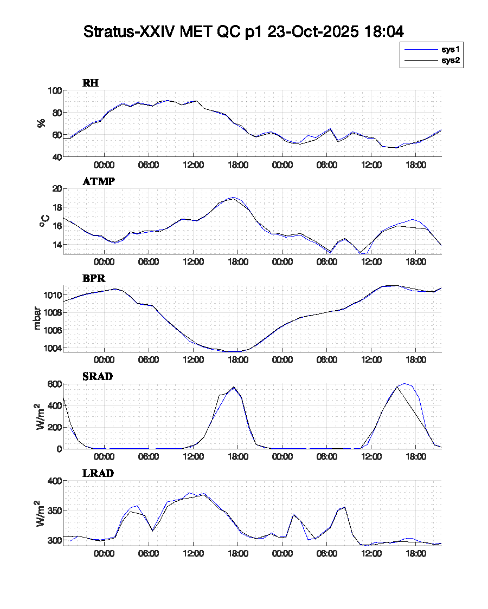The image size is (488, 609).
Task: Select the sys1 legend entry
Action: point(450,49)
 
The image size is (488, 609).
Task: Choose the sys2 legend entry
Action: point(450,61)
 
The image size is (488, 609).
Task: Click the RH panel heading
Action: point(91,83)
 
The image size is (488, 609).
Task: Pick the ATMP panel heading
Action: point(98,181)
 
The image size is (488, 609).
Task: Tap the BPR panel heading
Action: point(93,278)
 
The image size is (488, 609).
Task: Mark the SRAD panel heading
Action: point(98,376)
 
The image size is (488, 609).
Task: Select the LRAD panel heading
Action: point(98,473)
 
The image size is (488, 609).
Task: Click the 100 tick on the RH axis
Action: point(54,90)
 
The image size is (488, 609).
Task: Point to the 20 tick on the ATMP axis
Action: point(56,188)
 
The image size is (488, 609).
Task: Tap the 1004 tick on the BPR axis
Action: point(52,348)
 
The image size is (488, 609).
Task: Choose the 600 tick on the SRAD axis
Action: point(54,384)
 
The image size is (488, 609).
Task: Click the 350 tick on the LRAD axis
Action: point(54,510)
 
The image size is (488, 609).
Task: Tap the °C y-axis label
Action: point(45,221)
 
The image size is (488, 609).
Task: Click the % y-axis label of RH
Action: point(41,123)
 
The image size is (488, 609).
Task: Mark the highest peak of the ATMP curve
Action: point(234,198)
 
